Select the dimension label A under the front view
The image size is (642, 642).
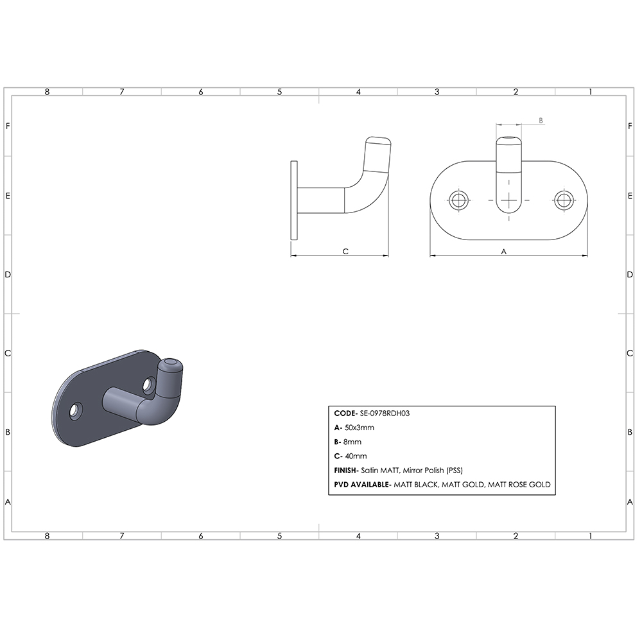pyautogui.click(x=503, y=252)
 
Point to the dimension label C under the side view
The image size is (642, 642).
pyautogui.click(x=345, y=252)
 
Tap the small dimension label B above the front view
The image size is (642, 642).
pyautogui.click(x=541, y=120)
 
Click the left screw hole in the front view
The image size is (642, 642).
pyautogui.click(x=458, y=200)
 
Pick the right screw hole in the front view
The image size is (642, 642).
pyautogui.click(x=564, y=200)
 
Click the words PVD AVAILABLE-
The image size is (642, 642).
pyautogui.click(x=361, y=485)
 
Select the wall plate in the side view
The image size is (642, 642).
pyautogui.click(x=295, y=200)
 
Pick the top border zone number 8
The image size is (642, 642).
pyautogui.click(x=47, y=92)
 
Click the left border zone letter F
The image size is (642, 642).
pyautogui.click(x=8, y=126)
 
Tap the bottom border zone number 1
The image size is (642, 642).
pyautogui.click(x=590, y=535)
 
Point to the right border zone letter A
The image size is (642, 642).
pyautogui.click(x=631, y=502)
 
